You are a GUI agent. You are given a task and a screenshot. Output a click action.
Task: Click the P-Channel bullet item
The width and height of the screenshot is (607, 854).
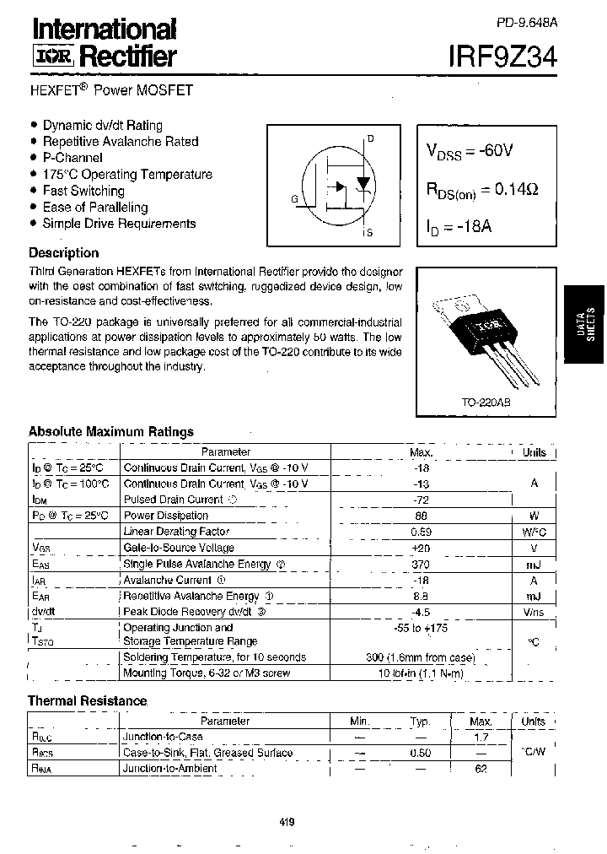click(73, 158)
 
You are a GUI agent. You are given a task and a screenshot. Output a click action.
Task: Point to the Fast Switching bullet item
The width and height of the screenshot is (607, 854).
click(83, 191)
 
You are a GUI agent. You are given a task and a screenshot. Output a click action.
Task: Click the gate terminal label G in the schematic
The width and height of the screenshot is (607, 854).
click(294, 199)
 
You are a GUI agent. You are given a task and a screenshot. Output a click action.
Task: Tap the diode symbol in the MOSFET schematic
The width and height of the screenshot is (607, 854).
click(363, 183)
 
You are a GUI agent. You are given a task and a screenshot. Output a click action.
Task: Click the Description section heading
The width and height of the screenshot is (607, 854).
click(63, 252)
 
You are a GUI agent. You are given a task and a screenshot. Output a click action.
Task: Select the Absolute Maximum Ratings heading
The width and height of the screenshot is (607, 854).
click(111, 431)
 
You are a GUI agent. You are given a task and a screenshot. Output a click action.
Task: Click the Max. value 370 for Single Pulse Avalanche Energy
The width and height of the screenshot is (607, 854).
click(421, 564)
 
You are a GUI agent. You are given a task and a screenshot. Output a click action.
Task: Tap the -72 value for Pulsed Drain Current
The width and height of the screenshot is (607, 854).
click(420, 500)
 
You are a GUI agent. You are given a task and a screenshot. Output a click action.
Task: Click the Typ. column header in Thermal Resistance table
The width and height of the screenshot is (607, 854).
click(420, 722)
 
